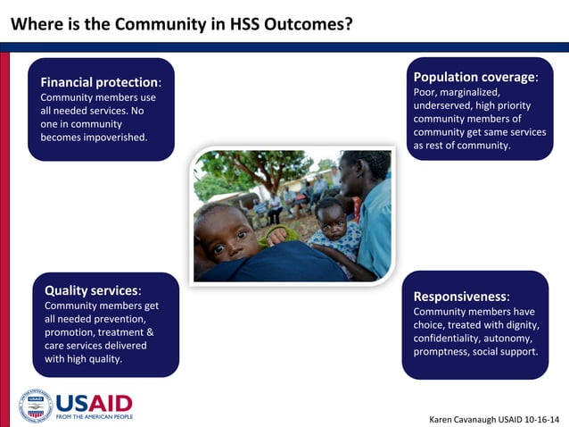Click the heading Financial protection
pos(99,82)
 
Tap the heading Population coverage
pos(474,77)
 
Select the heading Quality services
pos(92,290)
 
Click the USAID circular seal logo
pos(36,406)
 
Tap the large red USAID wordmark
pos(94,402)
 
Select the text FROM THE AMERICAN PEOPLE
pos(94,416)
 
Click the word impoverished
pos(111,137)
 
